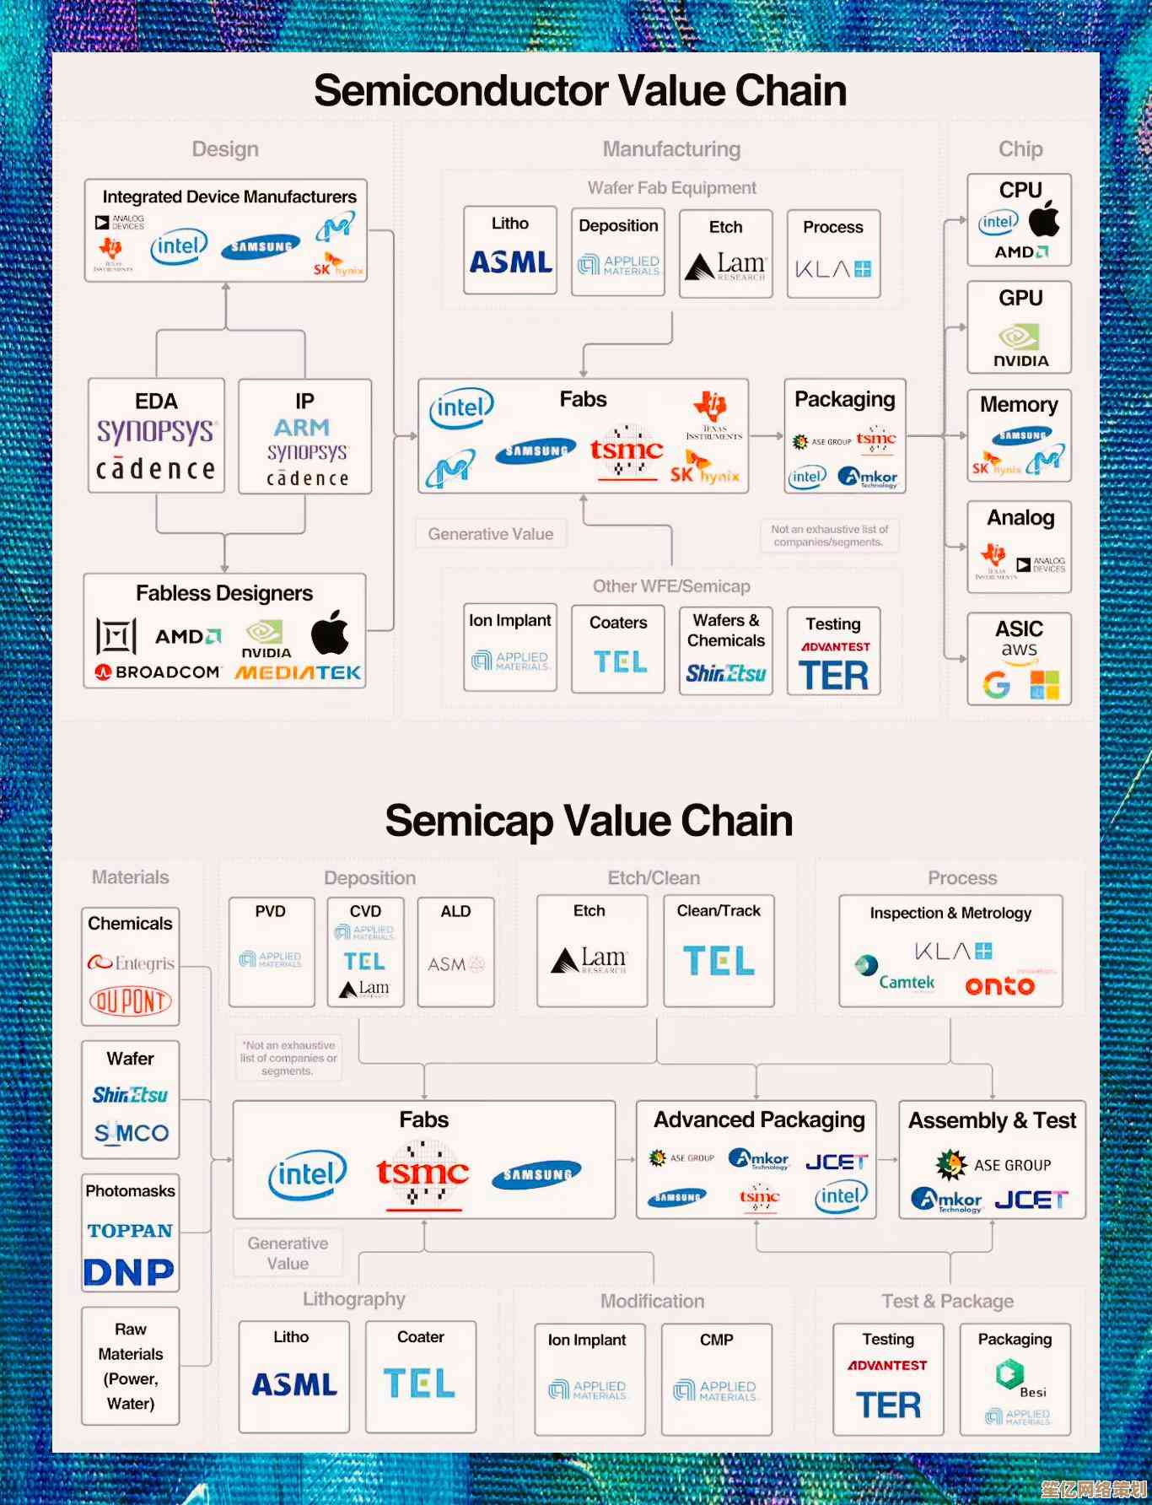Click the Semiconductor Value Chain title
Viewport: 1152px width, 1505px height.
(x=579, y=90)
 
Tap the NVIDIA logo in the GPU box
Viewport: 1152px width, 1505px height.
(x=1020, y=345)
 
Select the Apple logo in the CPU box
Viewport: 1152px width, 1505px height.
(x=1043, y=218)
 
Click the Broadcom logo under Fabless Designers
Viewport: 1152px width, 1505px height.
(x=158, y=672)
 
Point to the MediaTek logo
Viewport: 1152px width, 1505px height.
(x=298, y=672)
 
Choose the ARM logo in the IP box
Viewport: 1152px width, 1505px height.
(x=301, y=428)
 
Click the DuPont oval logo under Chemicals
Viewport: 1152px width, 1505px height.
(x=130, y=1001)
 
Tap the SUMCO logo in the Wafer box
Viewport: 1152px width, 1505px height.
(x=131, y=1133)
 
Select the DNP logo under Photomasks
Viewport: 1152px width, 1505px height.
(x=129, y=1272)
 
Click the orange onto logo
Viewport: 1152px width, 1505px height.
(x=999, y=985)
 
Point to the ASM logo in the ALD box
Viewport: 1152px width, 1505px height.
(x=455, y=963)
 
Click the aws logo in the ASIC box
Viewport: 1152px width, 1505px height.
(x=1019, y=651)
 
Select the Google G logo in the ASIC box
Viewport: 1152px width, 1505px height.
(x=996, y=684)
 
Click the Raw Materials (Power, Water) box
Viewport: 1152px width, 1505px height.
(x=131, y=1366)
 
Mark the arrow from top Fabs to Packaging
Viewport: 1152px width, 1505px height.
(x=767, y=436)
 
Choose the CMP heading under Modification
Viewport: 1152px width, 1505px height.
(x=716, y=1340)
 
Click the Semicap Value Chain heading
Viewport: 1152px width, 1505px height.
(x=589, y=821)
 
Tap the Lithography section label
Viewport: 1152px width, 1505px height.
(x=353, y=1299)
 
